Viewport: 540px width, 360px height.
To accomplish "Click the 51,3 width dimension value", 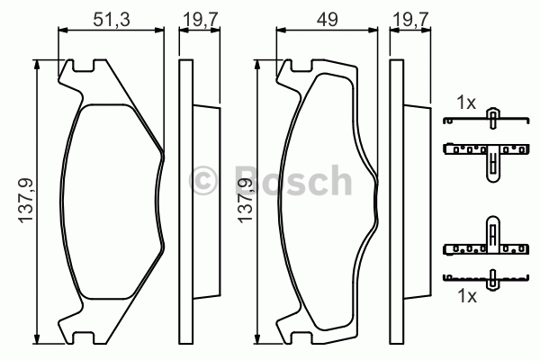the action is (x=112, y=20).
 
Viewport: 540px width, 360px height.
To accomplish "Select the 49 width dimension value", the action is (x=328, y=20).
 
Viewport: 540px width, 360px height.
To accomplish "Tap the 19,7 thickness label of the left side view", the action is (x=200, y=20).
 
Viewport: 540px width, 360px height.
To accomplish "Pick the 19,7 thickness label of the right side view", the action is (x=411, y=20).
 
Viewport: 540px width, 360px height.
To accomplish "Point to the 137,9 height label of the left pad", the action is (x=26, y=201).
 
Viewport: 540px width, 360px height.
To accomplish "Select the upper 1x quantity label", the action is (x=466, y=103).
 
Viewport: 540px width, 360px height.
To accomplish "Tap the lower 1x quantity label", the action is (x=467, y=296).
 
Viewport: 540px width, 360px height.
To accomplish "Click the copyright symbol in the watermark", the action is (x=203, y=181).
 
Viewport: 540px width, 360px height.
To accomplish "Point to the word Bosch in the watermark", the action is (x=293, y=180).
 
